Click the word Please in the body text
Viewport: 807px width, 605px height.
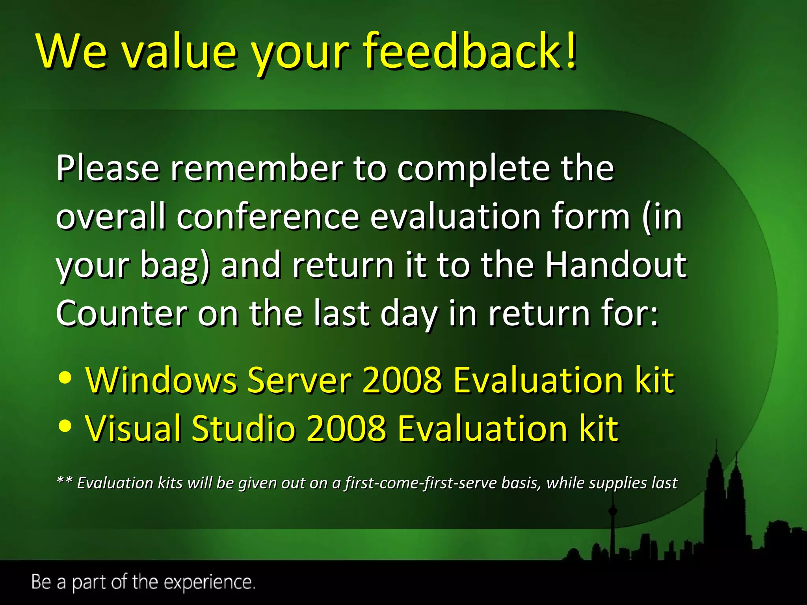[x=108, y=169]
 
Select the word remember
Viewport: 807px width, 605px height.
[x=257, y=169]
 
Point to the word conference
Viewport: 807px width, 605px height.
[x=268, y=217]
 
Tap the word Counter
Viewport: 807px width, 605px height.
[x=121, y=314]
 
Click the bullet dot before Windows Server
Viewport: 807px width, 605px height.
[x=65, y=377]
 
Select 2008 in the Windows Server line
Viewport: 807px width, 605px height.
[x=402, y=380]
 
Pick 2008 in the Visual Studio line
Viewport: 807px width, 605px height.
[x=346, y=429]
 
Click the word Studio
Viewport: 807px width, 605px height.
[x=244, y=429]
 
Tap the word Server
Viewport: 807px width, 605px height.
[x=299, y=380]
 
